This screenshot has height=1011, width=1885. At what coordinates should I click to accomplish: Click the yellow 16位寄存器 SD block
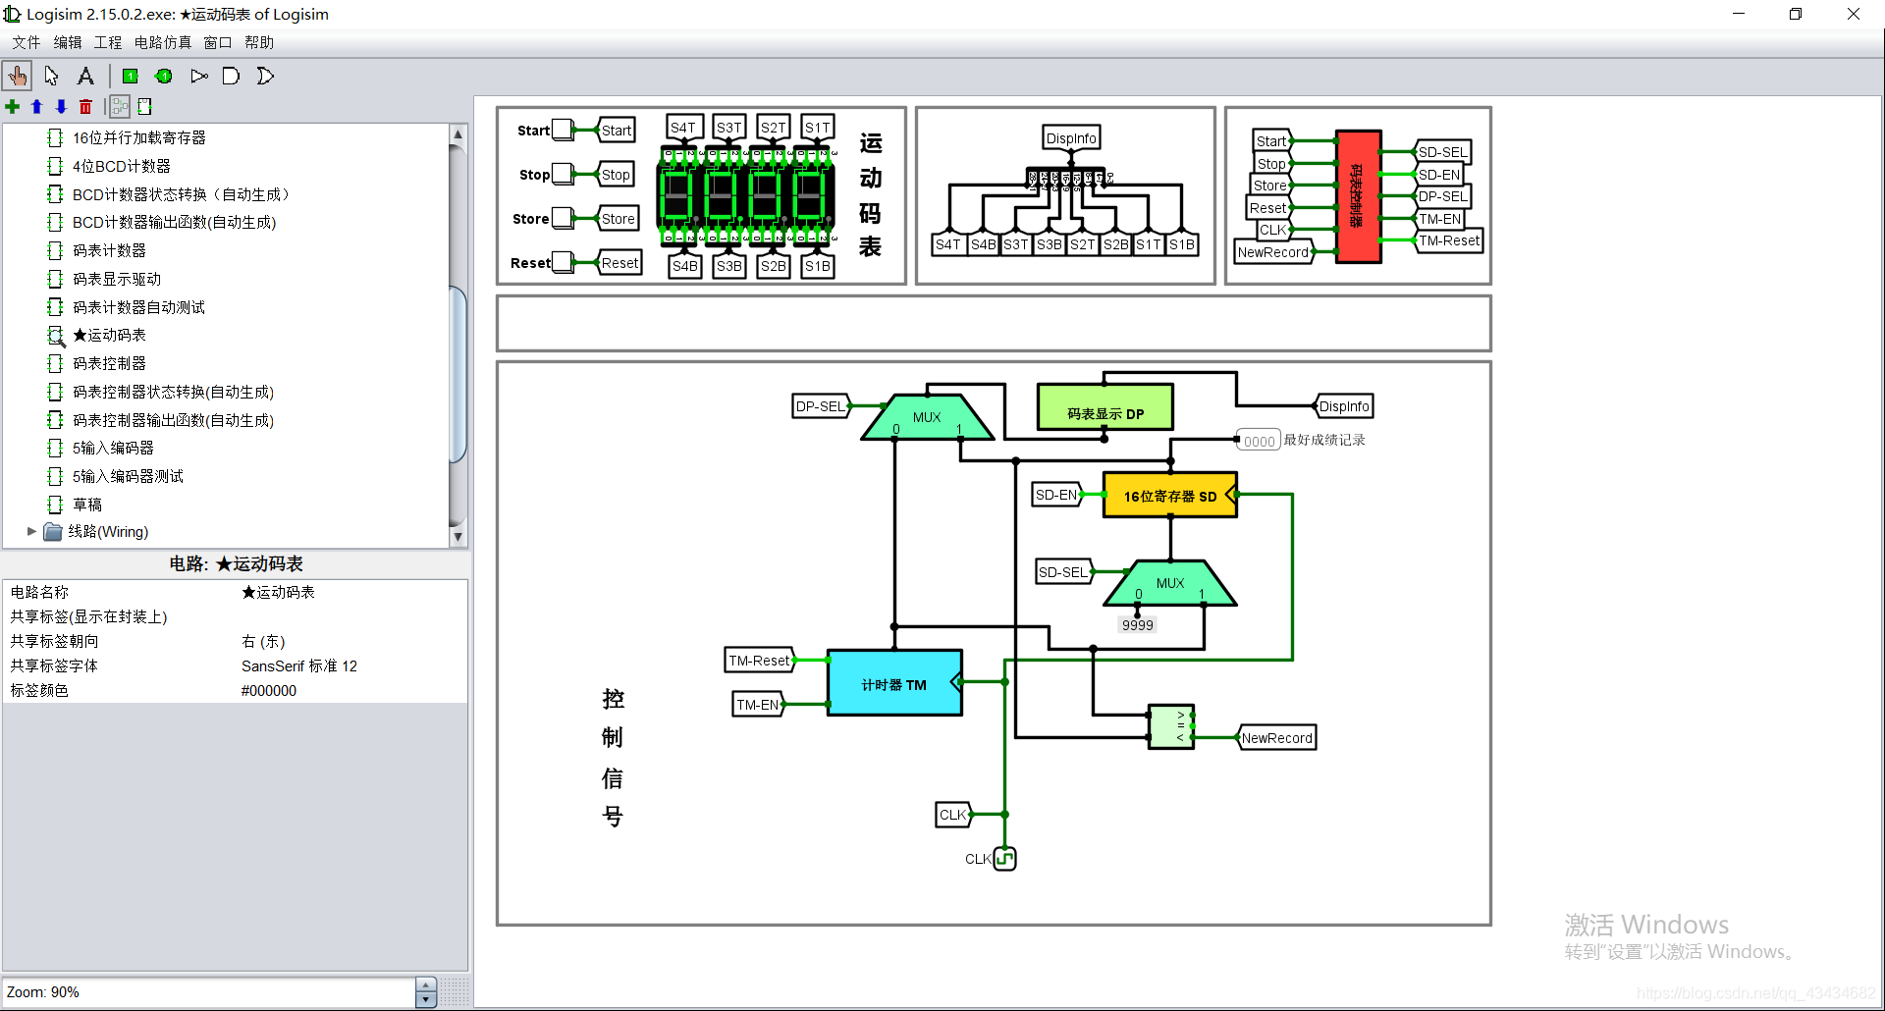click(x=1169, y=496)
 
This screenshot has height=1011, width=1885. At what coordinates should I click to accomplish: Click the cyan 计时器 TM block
click(x=893, y=684)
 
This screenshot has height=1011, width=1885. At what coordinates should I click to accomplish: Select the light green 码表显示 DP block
click(x=1104, y=407)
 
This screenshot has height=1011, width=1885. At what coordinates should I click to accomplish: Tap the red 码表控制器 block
click(x=1358, y=196)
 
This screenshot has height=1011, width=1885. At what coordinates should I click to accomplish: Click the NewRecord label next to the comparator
click(x=1276, y=738)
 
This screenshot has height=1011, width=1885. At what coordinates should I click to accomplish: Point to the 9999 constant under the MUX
click(x=1137, y=625)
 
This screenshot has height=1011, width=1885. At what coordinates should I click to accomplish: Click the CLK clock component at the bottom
click(x=1004, y=859)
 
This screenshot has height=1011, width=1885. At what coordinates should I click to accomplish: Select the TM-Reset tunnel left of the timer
click(x=759, y=661)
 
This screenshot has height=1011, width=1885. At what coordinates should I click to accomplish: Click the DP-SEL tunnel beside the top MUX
click(x=820, y=406)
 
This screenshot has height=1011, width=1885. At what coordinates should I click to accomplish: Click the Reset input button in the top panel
click(x=562, y=262)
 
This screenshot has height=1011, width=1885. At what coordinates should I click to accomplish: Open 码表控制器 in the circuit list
click(x=109, y=363)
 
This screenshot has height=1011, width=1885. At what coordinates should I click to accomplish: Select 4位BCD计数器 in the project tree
click(x=121, y=166)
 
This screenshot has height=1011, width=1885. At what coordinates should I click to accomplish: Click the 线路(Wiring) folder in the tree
click(x=108, y=532)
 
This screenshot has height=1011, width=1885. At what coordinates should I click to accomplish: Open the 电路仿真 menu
click(x=162, y=42)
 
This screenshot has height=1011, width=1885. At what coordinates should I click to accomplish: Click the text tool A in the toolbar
click(x=85, y=77)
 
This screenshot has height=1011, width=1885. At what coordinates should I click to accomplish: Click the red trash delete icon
click(x=85, y=107)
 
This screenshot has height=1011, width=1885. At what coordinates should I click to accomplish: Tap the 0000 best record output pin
click(x=1258, y=442)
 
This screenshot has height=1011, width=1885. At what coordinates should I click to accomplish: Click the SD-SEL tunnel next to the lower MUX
click(x=1063, y=572)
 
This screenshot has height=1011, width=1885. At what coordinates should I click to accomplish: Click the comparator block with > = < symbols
click(x=1170, y=727)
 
